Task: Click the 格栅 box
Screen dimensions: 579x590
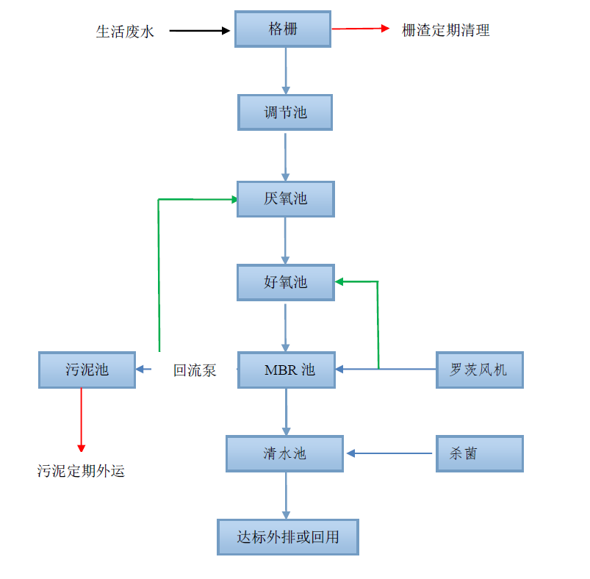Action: [x=283, y=29]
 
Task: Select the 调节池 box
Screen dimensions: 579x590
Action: [x=285, y=112]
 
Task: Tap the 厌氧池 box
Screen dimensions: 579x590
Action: [x=285, y=198]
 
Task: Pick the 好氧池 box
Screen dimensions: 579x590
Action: [x=285, y=282]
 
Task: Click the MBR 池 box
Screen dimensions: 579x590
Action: [x=286, y=370]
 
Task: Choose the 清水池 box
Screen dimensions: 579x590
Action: [x=284, y=453]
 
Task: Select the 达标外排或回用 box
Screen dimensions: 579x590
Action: [x=288, y=537]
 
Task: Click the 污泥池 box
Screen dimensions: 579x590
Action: [x=87, y=370]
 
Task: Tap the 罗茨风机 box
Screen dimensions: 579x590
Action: [x=479, y=370]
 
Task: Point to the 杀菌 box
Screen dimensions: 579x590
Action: [x=479, y=453]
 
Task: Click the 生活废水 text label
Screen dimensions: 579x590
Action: [x=125, y=31]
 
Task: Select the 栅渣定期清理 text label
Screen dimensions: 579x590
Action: [x=445, y=30]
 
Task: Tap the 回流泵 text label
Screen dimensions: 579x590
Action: [x=195, y=370]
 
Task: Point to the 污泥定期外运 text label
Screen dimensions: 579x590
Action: [x=81, y=471]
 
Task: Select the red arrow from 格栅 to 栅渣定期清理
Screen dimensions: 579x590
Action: [x=360, y=29]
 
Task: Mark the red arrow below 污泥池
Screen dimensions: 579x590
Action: [x=81, y=420]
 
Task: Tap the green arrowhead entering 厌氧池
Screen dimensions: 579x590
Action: [x=234, y=199]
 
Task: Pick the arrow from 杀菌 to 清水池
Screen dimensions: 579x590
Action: [x=389, y=453]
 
